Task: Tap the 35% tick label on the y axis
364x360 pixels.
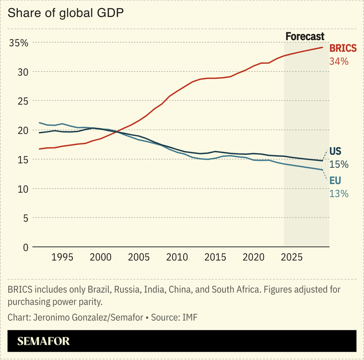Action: pos(19,43)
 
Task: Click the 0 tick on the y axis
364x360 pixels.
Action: pos(25,247)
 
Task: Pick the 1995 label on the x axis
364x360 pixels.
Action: pos(62,257)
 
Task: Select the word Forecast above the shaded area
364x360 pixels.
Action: pos(305,36)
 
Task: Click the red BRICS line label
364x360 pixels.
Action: pos(343,49)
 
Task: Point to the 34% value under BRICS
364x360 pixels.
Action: pos(339,61)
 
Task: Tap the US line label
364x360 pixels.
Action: pos(335,151)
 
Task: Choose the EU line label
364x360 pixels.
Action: pos(335,181)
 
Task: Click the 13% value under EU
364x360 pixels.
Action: pos(339,194)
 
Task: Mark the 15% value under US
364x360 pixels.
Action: pos(339,164)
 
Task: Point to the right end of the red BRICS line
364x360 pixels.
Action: pos(323,47)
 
